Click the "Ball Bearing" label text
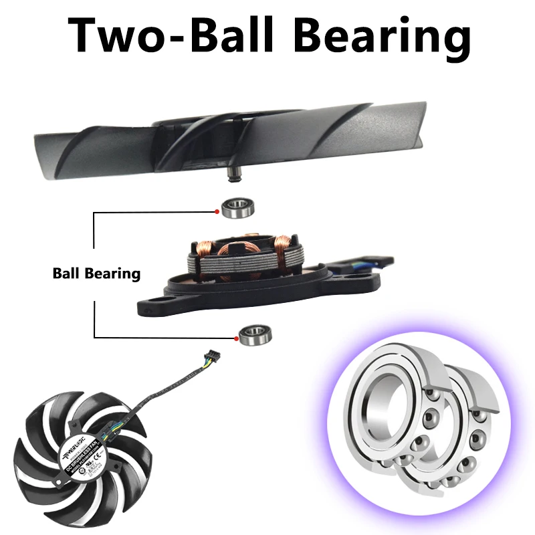96,274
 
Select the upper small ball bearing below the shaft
237,209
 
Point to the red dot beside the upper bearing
218,213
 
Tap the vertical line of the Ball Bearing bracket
94,241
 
